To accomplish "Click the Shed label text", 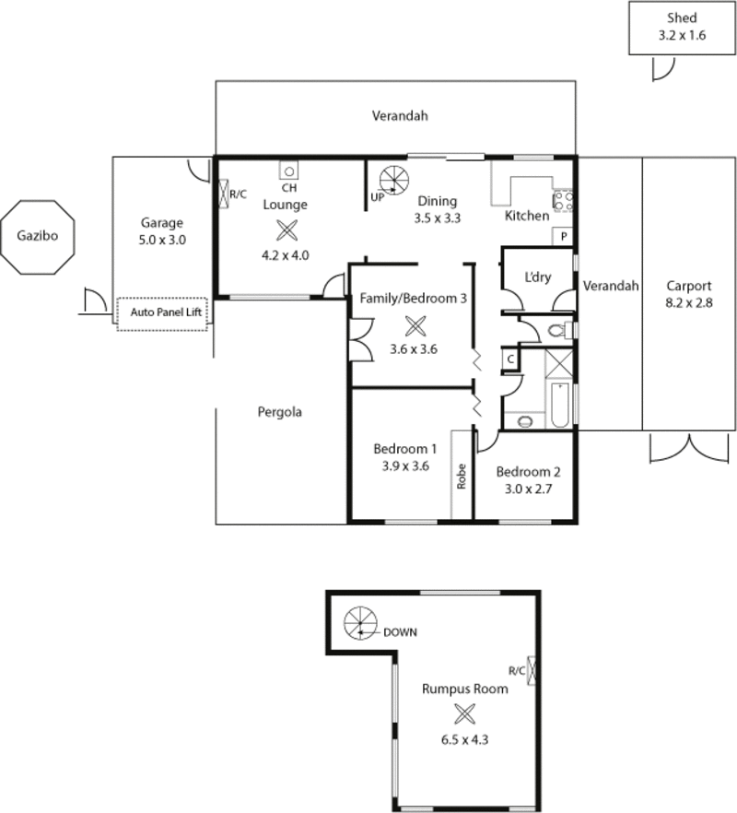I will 682,18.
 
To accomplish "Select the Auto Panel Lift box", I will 162,312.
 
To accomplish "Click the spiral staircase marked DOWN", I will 361,624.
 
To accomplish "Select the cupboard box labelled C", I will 509,359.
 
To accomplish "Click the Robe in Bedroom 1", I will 462,475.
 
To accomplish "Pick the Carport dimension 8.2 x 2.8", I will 688,301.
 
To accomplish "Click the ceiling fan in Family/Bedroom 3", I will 411,325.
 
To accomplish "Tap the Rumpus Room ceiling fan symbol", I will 466,714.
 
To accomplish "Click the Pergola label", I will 280,412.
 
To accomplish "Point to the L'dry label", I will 537,277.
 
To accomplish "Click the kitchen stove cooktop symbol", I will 563,202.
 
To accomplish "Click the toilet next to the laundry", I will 558,328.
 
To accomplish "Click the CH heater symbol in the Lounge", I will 287,171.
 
